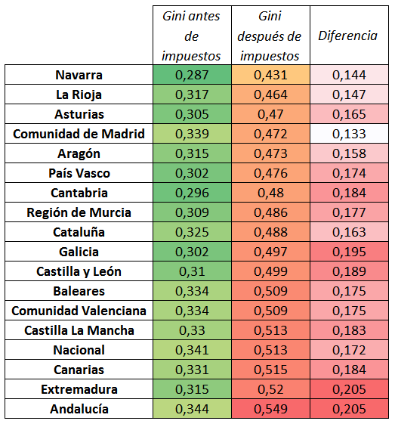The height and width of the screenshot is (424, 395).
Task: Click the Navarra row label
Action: coord(79,75)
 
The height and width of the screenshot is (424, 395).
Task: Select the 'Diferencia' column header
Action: coord(347,36)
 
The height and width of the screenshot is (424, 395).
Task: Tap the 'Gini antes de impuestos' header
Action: coord(191,36)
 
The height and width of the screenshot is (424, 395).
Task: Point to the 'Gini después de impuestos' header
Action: coord(270,36)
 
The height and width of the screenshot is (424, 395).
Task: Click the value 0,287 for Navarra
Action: coord(192,75)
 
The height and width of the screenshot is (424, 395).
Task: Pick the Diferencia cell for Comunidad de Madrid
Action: coord(349,134)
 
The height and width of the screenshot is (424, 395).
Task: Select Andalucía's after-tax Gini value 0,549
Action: coord(270,409)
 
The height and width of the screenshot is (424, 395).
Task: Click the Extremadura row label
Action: coord(79,389)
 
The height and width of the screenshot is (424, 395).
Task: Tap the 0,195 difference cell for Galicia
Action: coord(349,252)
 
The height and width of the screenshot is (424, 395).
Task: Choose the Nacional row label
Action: coord(79,350)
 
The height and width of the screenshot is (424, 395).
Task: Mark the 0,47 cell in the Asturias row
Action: coord(270,114)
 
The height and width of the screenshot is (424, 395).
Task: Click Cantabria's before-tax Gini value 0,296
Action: coord(192,193)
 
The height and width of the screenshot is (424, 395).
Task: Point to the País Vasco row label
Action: coord(79,173)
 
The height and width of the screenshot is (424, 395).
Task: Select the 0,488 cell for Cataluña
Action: coord(270,232)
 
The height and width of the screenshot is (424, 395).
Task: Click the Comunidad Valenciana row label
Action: coord(79,311)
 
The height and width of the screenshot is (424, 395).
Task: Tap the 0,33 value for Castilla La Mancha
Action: coord(192,330)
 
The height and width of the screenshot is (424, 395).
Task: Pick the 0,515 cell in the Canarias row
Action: coord(270,370)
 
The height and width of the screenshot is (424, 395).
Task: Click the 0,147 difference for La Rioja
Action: coord(349,94)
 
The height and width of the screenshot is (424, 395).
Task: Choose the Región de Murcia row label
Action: coord(79,212)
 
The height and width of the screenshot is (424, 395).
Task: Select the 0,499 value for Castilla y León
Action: coord(270,271)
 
